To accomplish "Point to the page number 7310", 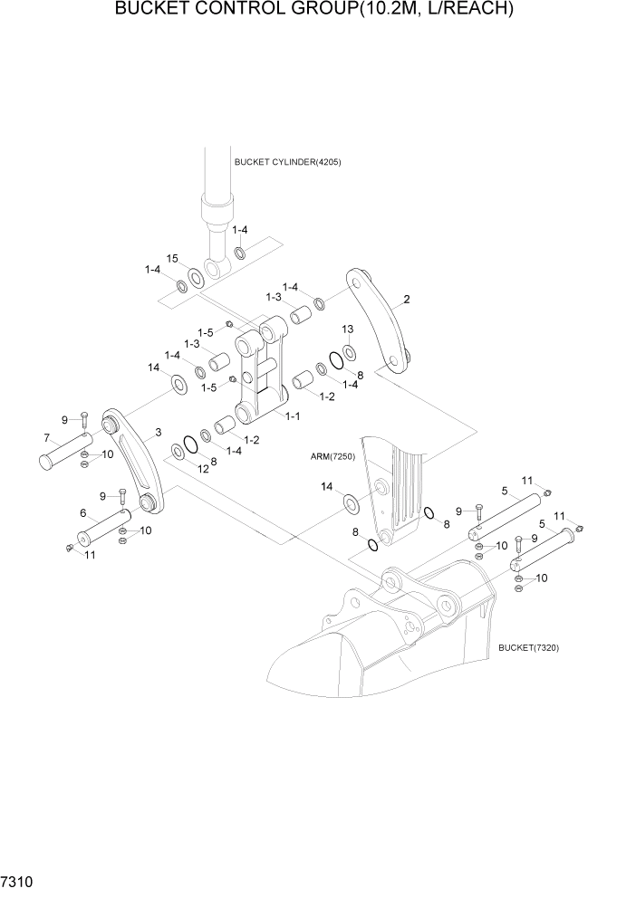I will (17, 880).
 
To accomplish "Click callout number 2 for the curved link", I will (407, 300).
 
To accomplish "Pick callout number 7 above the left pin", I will (45, 438).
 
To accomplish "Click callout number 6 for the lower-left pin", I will (83, 513).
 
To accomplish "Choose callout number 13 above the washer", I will (347, 329).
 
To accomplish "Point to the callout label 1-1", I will (293, 416).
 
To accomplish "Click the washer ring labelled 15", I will (196, 276).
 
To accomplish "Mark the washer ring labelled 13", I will (349, 350).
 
